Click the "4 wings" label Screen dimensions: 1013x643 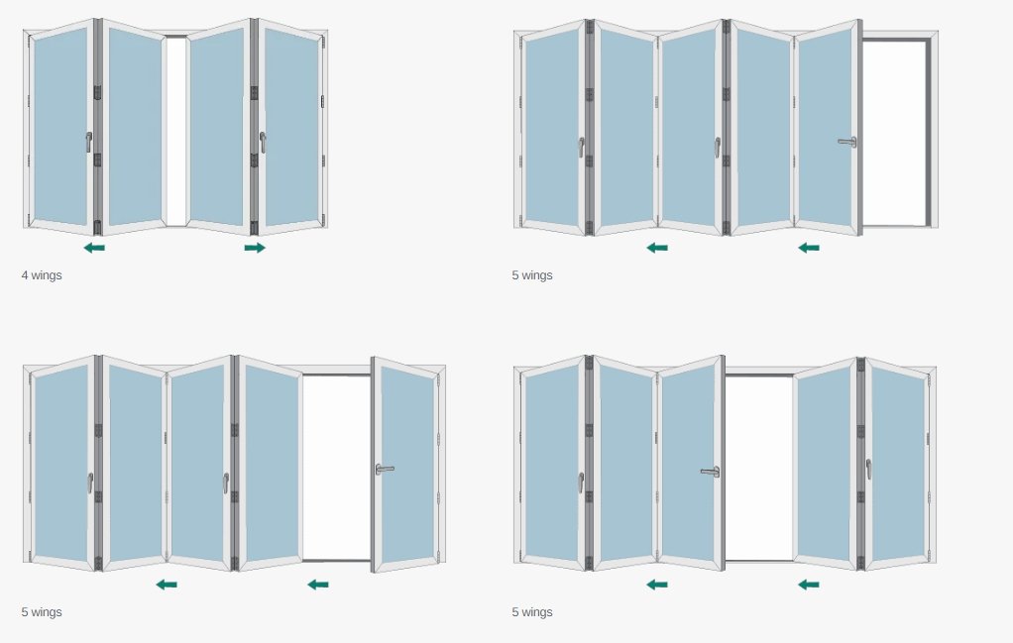tap(42, 275)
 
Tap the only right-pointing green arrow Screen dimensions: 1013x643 tap(255, 248)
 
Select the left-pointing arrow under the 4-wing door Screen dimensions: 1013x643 tap(94, 248)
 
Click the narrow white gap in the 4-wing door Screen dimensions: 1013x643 tap(175, 131)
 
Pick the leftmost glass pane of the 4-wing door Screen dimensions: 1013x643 tap(60, 127)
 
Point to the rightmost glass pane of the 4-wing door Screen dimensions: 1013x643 tap(292, 127)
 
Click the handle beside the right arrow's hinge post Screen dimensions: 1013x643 tap(263, 142)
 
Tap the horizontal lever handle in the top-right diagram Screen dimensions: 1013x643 tap(847, 142)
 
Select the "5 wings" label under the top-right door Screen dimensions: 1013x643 tap(532, 275)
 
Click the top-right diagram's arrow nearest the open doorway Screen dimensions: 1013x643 tap(809, 248)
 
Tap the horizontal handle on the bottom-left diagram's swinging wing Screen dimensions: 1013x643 tap(385, 470)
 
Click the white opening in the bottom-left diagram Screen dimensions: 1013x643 tap(337, 468)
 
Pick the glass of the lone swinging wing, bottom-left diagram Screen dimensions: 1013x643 tap(407, 465)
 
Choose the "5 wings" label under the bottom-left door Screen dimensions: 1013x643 tap(42, 612)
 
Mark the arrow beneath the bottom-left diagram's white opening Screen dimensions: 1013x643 tap(318, 585)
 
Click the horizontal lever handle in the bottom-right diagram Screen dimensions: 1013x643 tap(711, 472)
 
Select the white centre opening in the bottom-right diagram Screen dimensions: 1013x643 tap(759, 468)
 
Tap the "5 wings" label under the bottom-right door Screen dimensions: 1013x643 tap(532, 612)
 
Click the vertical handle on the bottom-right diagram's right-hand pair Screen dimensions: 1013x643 tap(869, 470)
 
